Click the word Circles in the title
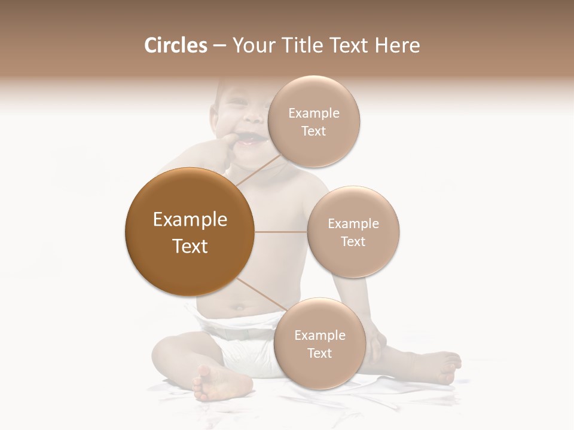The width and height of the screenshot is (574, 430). point(175,45)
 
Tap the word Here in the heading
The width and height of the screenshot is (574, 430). point(397,45)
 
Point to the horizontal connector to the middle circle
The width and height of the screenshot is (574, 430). point(280,232)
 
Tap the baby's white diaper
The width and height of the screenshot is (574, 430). point(239,340)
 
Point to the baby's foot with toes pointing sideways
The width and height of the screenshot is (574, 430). point(439,365)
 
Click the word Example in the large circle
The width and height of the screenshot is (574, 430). point(190,220)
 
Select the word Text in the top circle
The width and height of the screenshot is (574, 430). point(313,131)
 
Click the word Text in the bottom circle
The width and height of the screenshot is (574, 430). point(319,353)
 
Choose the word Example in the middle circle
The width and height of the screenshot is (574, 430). point(353,223)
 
